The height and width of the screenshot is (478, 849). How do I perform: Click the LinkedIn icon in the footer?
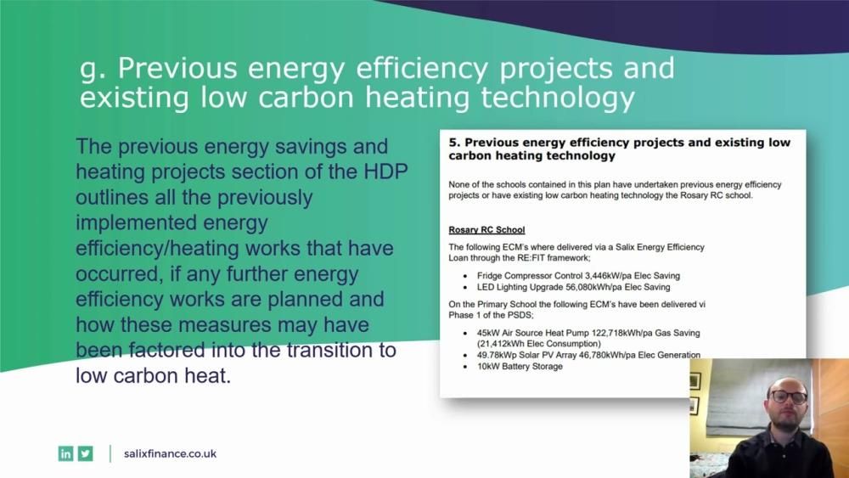click(65, 453)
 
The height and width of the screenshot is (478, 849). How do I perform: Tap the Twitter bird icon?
click(86, 453)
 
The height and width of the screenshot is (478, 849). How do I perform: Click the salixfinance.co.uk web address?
click(170, 453)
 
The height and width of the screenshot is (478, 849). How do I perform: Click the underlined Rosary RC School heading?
click(486, 230)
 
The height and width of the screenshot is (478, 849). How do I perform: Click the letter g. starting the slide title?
click(91, 69)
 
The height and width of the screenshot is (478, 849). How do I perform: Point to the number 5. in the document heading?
click(454, 143)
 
